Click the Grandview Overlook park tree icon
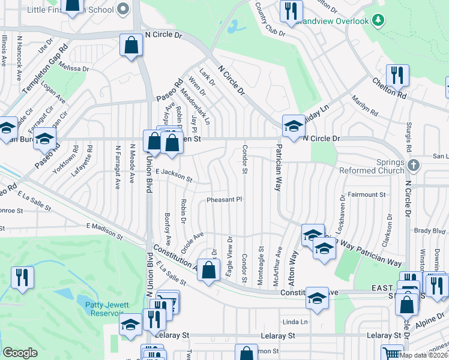tap(378, 21)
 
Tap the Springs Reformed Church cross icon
tap(412, 164)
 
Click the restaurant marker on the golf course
tap(22, 277)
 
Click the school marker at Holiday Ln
tap(294, 126)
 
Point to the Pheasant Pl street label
tap(224, 199)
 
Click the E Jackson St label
tap(173, 175)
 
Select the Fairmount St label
tap(366, 194)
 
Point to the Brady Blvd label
tap(430, 230)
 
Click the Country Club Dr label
tap(270, 19)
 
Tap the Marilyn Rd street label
tap(365, 106)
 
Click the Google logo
tap(20, 353)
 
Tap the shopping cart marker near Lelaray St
tap(391, 353)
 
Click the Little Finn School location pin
tap(124, 8)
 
